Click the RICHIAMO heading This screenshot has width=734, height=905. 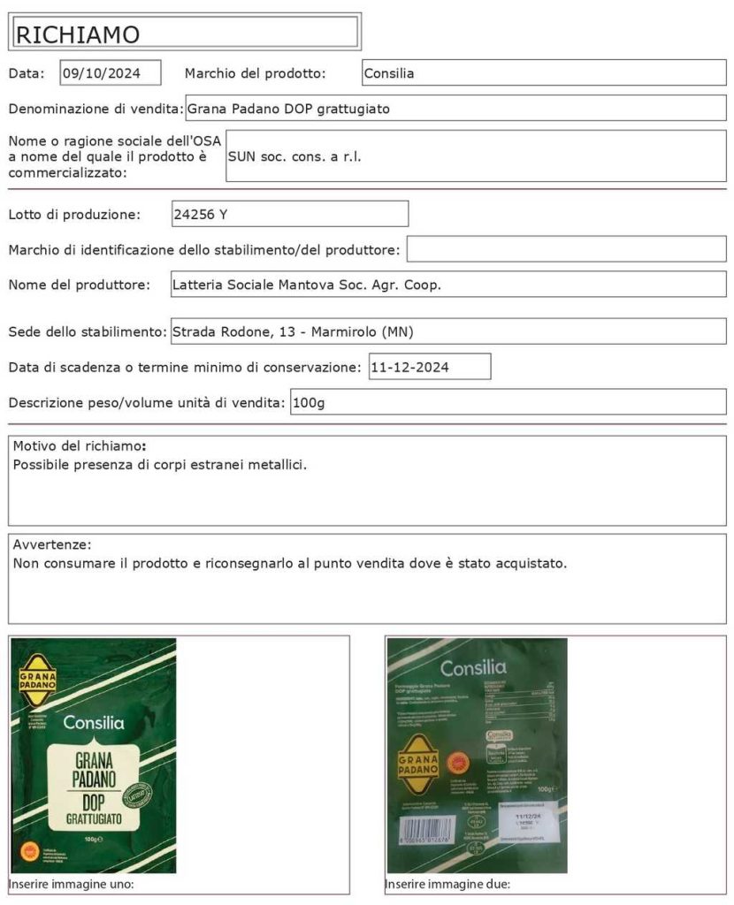78,34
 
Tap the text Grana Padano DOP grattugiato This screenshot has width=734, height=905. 288,109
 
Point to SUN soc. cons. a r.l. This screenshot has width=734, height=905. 295,156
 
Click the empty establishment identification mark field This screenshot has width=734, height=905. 566,249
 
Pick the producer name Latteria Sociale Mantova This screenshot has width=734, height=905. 306,285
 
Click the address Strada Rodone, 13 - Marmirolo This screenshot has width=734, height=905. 292,331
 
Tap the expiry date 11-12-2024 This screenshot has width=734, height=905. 410,367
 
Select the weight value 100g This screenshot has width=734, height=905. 310,402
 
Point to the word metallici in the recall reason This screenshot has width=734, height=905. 279,463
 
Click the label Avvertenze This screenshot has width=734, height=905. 52,544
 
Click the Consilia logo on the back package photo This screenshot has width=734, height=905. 473,667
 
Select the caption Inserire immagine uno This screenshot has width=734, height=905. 71,884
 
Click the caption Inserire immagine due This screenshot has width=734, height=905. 447,884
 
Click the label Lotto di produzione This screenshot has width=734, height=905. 74,214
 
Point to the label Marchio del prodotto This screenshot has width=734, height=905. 255,73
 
